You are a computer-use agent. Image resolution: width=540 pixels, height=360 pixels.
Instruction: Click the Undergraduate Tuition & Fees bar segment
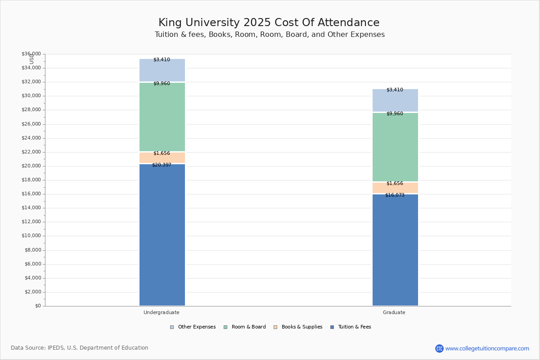click(162, 235)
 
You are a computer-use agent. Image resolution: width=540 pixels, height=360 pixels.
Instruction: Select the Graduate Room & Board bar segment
click(396, 147)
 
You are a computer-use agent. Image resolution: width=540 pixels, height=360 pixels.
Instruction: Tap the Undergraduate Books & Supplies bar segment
click(162, 157)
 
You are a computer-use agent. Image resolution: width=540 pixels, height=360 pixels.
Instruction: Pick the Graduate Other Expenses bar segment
click(396, 100)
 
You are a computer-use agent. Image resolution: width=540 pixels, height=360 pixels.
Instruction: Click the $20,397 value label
click(162, 165)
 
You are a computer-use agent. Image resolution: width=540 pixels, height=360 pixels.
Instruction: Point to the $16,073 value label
click(395, 195)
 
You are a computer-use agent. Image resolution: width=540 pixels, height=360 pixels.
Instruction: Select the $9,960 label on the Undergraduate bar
click(162, 83)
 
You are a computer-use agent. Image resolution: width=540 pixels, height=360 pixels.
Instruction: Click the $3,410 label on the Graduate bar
click(395, 90)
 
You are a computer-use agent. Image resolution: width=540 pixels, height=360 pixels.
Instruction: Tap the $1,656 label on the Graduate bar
click(395, 183)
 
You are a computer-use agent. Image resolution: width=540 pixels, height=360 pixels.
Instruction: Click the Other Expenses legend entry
click(193, 327)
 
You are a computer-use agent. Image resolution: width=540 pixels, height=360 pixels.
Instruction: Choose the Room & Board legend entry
click(245, 327)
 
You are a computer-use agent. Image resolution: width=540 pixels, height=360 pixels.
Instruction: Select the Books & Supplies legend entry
click(298, 327)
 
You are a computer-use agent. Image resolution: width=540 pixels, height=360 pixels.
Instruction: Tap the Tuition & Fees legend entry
click(351, 327)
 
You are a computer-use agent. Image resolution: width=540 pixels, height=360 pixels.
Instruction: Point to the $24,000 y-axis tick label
click(31, 138)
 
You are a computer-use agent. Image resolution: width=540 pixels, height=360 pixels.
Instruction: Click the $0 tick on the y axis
click(38, 306)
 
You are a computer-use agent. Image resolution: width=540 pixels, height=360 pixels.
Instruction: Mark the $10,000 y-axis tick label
click(31, 236)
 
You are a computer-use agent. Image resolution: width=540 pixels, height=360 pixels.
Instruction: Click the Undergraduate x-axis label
click(162, 312)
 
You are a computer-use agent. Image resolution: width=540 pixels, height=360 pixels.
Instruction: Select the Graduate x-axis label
click(394, 312)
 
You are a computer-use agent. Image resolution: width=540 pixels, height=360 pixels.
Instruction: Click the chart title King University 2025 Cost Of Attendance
click(269, 22)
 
